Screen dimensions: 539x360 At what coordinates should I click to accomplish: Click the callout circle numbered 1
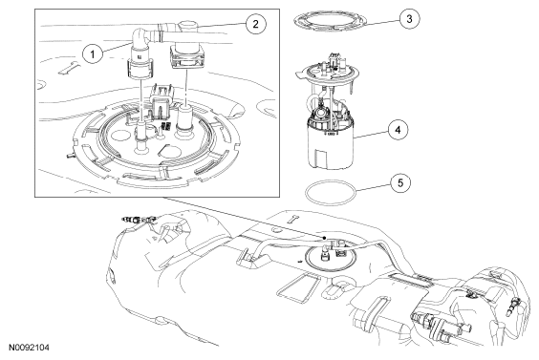point(92,53)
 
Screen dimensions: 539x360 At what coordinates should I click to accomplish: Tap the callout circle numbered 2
point(255,24)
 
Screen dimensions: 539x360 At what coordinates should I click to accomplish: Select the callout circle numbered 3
point(409,18)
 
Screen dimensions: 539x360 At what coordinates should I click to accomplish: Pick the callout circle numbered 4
point(399,130)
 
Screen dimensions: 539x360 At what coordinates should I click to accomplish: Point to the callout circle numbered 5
point(400,182)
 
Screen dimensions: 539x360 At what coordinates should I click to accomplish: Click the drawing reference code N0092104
point(29,348)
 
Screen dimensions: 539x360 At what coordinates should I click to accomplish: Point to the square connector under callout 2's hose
point(187,57)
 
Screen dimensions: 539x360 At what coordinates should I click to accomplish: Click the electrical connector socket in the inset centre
point(161,99)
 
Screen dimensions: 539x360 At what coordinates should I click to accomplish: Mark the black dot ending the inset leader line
point(324,238)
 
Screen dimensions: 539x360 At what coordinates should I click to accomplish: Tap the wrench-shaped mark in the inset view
point(69,68)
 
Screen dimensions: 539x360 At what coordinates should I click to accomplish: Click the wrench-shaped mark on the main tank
point(293,218)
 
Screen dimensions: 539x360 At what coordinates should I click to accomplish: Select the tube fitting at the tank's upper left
point(140,219)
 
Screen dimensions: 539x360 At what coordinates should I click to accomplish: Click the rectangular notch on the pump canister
point(322,158)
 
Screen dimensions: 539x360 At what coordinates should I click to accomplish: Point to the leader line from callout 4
point(371,134)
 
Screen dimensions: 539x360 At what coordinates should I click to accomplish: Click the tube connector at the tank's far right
point(512,307)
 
